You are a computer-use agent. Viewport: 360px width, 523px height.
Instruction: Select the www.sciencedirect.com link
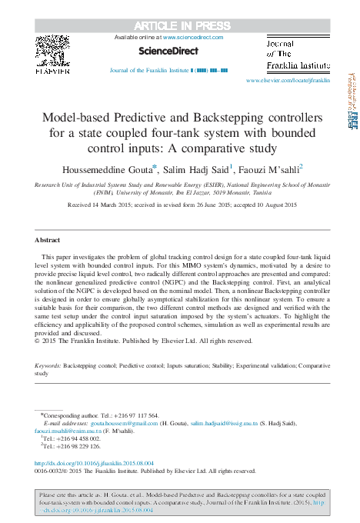(x=192, y=37)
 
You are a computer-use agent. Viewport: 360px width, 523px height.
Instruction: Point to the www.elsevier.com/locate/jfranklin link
(x=288, y=80)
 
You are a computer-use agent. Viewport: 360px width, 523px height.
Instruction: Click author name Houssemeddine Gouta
(x=113, y=168)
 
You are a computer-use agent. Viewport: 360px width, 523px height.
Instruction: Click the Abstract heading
(x=48, y=241)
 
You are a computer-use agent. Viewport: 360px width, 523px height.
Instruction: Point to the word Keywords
(x=48, y=367)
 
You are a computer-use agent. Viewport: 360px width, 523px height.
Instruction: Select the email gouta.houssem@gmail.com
(x=118, y=423)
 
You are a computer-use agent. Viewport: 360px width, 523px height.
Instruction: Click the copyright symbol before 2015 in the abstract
(x=38, y=340)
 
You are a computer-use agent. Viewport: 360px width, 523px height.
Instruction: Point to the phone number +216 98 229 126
(x=78, y=445)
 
